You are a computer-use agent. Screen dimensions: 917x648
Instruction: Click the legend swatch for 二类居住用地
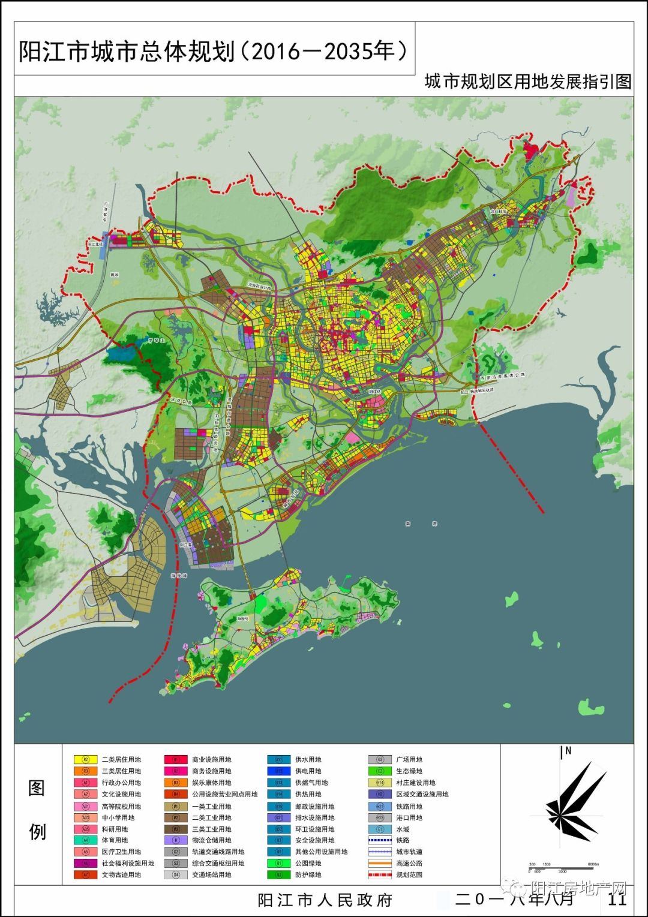pyautogui.click(x=85, y=759)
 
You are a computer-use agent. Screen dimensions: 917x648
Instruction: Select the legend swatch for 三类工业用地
pyautogui.click(x=176, y=829)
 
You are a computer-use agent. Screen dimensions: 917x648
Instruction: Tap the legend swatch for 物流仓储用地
pyautogui.click(x=176, y=840)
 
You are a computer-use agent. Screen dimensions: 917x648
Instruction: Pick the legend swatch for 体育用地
pyautogui.click(x=85, y=840)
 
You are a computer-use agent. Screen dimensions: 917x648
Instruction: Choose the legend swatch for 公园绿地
pyautogui.click(x=279, y=863)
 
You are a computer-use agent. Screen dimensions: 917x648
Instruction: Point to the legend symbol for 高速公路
pyautogui.click(x=379, y=863)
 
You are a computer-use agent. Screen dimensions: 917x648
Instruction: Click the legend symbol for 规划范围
pyautogui.click(x=379, y=875)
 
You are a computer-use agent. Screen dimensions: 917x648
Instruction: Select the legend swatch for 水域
pyautogui.click(x=379, y=829)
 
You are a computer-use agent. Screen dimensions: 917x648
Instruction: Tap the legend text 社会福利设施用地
pyautogui.click(x=127, y=863)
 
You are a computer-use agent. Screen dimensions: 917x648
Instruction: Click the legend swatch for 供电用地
pyautogui.click(x=279, y=771)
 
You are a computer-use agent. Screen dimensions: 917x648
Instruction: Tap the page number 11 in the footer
pyautogui.click(x=617, y=899)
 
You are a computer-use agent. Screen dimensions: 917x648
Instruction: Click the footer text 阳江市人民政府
pyautogui.click(x=325, y=900)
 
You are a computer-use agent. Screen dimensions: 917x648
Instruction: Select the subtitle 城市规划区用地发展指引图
pyautogui.click(x=527, y=82)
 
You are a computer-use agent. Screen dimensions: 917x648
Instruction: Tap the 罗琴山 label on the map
pyautogui.click(x=155, y=340)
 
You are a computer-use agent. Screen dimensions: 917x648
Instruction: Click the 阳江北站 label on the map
pyautogui.click(x=95, y=244)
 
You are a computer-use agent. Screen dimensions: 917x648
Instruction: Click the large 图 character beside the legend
pyautogui.click(x=37, y=787)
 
